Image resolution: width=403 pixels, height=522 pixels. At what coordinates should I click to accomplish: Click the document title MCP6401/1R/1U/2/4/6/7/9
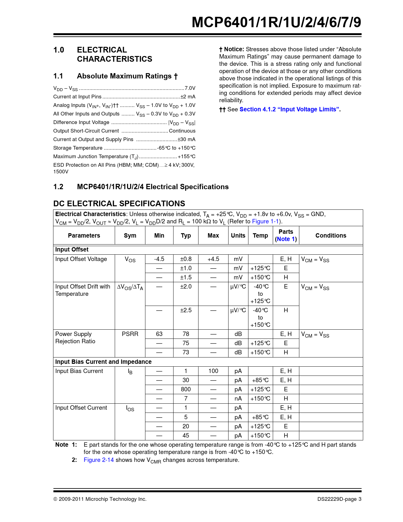tap(276, 22)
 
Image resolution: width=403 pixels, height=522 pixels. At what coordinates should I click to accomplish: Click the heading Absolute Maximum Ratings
tap(127, 76)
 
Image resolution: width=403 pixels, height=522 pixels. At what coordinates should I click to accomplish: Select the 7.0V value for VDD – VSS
tap(190, 88)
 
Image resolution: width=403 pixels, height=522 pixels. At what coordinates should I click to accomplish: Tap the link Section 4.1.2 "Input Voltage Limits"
tap(290, 109)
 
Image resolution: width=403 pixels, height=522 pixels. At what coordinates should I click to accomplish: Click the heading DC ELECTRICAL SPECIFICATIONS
tap(119, 203)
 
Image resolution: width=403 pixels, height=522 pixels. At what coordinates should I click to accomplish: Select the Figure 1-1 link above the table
tap(265, 221)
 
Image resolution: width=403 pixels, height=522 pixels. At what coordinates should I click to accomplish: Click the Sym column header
tap(130, 235)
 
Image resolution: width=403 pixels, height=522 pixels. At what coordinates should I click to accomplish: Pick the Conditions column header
tap(331, 235)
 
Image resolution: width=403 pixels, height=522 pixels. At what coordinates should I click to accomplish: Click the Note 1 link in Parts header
tap(286, 239)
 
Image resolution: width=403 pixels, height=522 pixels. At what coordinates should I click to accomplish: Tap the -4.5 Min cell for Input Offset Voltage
tap(159, 259)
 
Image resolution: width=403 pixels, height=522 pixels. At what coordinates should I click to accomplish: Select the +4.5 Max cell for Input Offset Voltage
tap(213, 259)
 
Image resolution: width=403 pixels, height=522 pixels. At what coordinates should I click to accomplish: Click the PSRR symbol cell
tap(130, 334)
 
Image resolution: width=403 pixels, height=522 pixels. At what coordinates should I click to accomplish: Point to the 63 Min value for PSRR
tap(159, 334)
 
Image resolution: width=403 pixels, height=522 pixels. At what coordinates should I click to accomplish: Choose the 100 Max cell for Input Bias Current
tap(213, 371)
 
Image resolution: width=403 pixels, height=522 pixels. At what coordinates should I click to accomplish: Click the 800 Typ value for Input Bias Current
tap(186, 389)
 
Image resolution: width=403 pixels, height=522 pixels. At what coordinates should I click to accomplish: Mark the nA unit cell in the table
tap(238, 399)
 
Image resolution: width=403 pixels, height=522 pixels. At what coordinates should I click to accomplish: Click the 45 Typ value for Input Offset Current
tap(186, 436)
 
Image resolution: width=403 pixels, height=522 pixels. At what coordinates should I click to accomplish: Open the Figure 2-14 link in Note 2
tap(99, 460)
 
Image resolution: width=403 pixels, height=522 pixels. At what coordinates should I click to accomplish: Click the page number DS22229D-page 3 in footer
tap(339, 499)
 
